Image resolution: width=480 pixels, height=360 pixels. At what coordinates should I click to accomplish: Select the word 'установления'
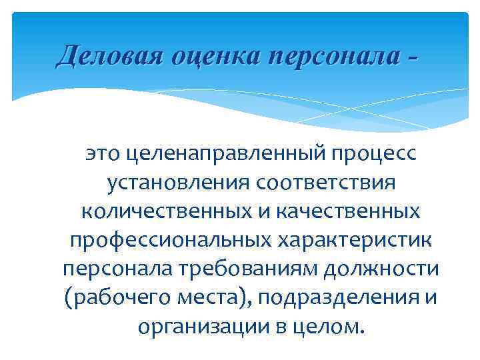177,183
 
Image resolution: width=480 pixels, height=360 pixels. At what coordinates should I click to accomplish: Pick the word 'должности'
388,269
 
